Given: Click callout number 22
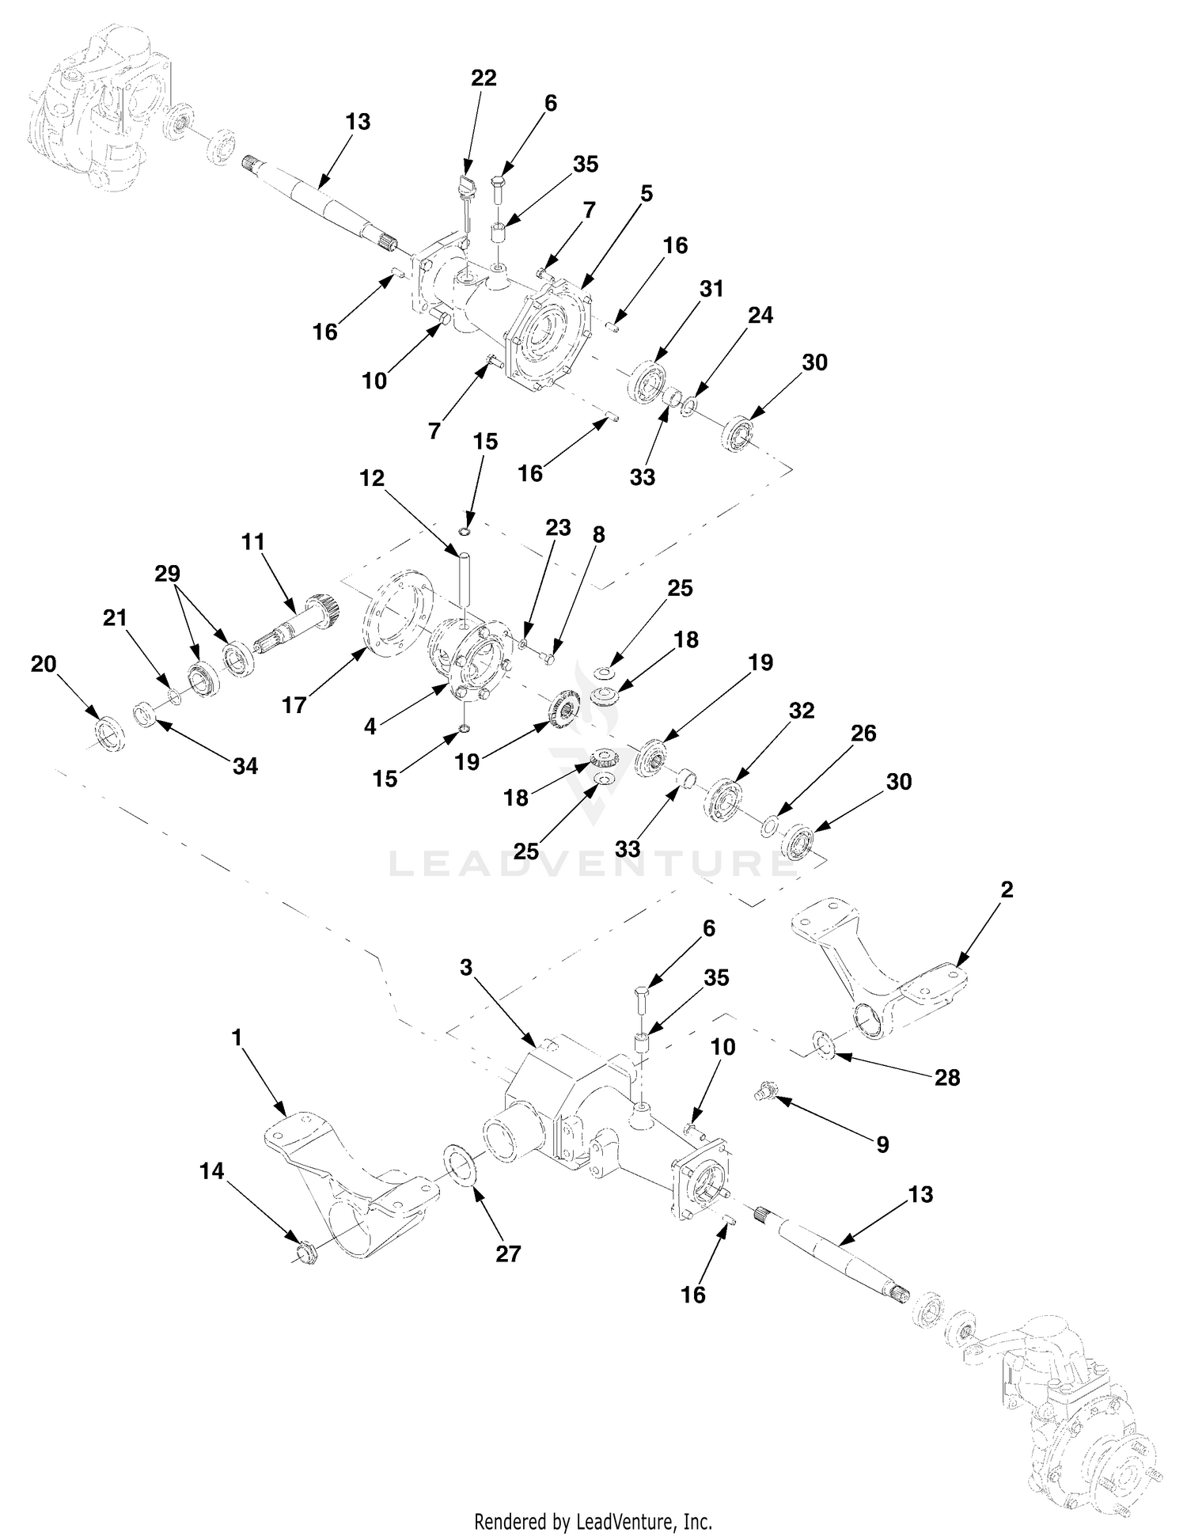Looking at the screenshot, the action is coord(484,78).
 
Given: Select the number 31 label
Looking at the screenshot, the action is coord(711,290).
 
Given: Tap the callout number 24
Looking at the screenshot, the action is coord(760,315).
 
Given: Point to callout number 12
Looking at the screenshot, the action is coord(372,478).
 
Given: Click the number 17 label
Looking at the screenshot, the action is coord(294,705).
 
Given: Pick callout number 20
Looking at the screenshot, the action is coord(44,664).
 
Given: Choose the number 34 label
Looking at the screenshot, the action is coord(245,766).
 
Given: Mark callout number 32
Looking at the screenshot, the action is coord(802,711).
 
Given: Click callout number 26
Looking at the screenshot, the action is coord(863,734).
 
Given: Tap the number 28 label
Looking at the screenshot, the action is coord(947,1077).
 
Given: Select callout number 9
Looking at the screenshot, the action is coord(882,1144).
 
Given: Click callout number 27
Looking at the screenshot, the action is coord(508,1253).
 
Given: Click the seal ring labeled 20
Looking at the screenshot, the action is coord(108,732).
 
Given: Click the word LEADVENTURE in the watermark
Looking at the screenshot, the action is coord(593,863).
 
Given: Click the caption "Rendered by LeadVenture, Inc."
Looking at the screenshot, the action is coord(593,1521).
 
